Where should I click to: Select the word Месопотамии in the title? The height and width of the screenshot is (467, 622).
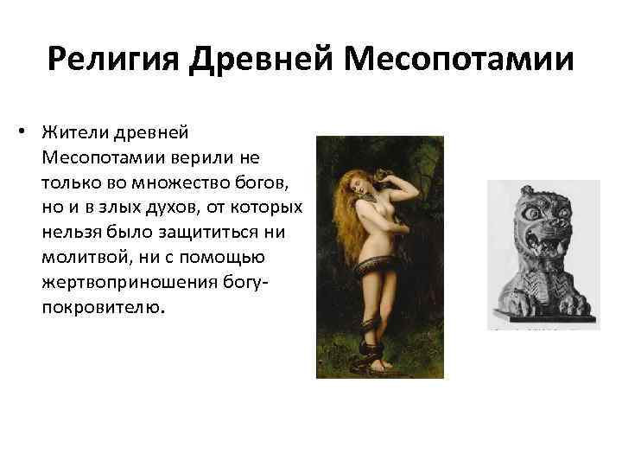[x=460, y=61]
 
